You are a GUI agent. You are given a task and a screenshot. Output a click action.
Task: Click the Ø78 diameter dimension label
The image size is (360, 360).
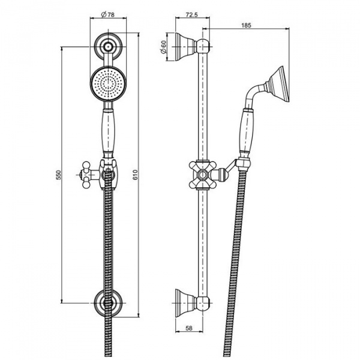pyautogui.click(x=107, y=14)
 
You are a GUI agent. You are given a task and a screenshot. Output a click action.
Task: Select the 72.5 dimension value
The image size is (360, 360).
pyautogui.click(x=191, y=14)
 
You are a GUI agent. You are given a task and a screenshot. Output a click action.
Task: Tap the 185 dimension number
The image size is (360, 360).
pyautogui.click(x=247, y=25)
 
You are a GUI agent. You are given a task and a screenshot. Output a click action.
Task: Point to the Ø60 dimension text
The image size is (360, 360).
pyautogui.click(x=163, y=47)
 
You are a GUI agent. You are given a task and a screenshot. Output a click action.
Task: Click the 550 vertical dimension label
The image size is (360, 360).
pyautogui.click(x=59, y=175)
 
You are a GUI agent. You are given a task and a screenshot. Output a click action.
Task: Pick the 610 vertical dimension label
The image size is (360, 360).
pyautogui.click(x=135, y=175)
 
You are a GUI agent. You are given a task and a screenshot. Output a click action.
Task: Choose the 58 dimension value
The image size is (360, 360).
pyautogui.click(x=189, y=328)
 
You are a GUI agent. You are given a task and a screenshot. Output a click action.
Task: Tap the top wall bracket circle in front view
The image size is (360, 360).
pyautogui.click(x=107, y=47)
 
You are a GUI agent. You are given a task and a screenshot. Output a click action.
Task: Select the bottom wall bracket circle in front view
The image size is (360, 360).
pyautogui.click(x=107, y=303)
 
